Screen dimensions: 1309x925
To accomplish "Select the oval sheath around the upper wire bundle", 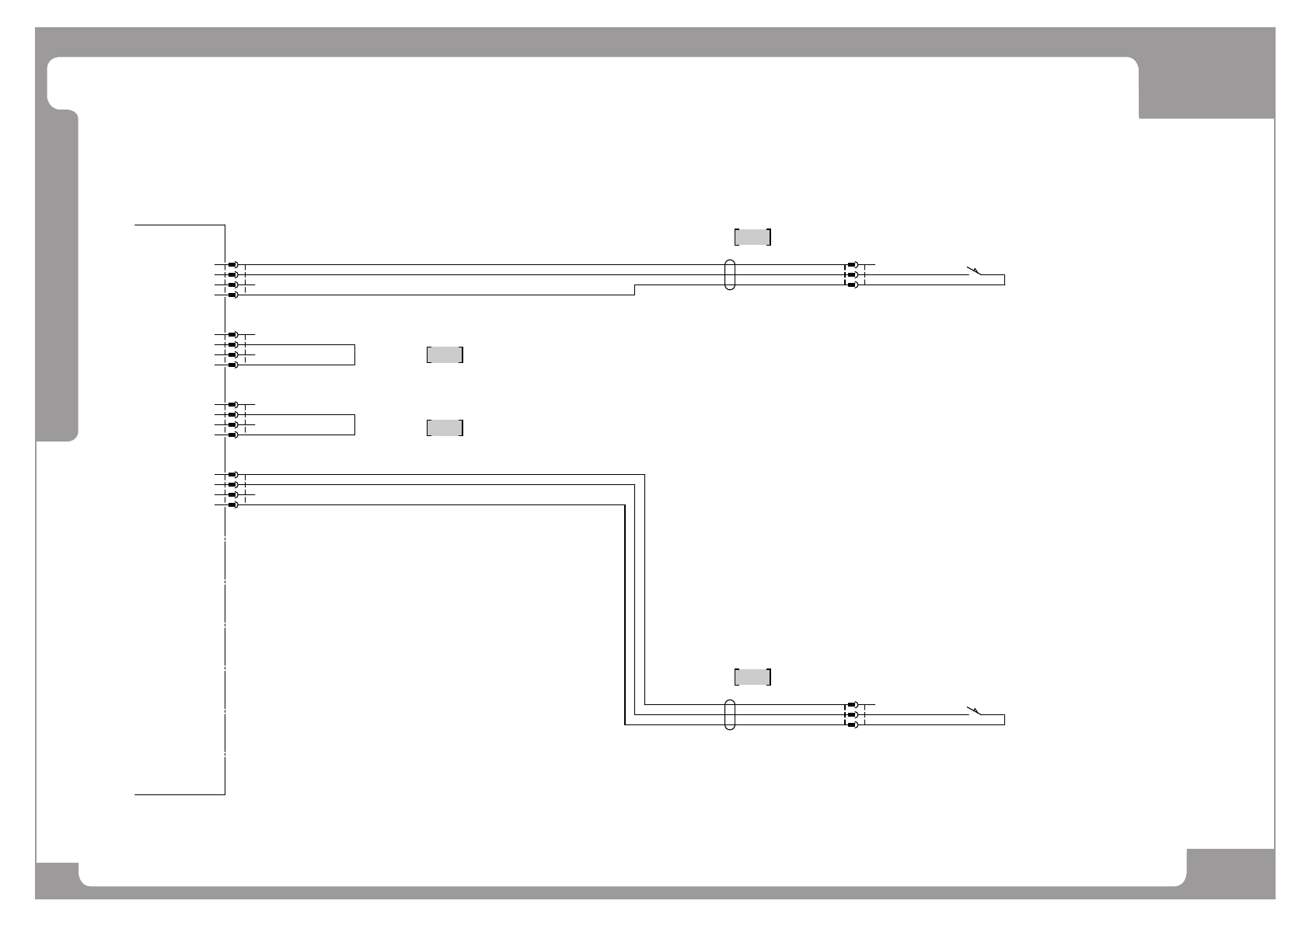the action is point(729,274).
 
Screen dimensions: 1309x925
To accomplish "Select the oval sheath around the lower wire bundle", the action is point(729,714).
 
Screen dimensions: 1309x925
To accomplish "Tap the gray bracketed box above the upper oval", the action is point(752,237).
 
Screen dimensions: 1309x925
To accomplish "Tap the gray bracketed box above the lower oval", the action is point(752,677).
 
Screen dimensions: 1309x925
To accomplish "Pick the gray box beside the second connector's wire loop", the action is point(445,355).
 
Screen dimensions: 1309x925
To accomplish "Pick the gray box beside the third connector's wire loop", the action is point(445,428).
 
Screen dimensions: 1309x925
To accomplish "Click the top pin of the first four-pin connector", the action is point(232,265).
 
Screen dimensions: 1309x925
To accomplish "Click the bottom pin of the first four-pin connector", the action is point(232,295).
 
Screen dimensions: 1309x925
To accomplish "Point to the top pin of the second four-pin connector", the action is point(232,334).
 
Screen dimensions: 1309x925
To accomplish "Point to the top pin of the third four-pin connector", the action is point(232,405).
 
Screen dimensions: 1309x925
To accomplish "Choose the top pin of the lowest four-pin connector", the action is point(232,474).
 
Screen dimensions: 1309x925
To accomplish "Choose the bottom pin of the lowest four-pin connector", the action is point(232,504).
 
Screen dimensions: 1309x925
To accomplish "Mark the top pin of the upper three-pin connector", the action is point(853,265).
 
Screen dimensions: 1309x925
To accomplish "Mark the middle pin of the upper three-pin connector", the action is point(853,275).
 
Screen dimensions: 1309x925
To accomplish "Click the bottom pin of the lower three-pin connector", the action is point(853,724).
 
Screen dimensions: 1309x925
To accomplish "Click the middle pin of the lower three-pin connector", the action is point(853,714).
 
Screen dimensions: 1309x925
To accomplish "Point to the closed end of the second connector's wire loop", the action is point(354,354).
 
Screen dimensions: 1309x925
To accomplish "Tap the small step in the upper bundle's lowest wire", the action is point(635,290).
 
